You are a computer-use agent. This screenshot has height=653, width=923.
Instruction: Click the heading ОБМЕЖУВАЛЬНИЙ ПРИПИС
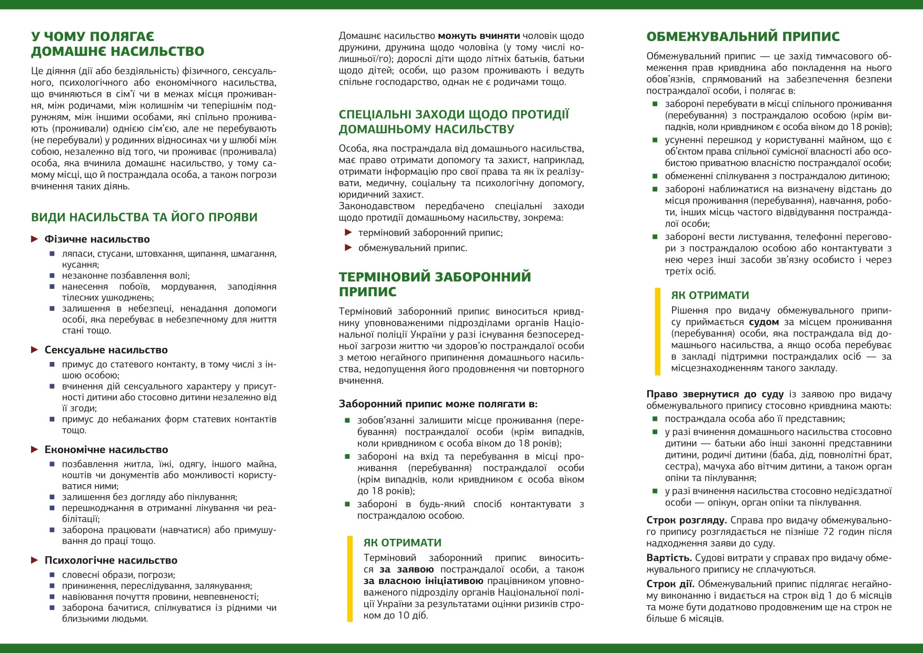743,37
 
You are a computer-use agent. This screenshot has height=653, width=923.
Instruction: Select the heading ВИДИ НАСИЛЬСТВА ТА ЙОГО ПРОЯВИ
144,217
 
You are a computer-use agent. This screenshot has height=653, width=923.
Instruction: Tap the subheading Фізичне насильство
97,239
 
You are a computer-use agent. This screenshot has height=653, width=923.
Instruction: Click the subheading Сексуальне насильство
106,350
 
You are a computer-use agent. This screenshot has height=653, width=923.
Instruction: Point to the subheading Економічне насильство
106,450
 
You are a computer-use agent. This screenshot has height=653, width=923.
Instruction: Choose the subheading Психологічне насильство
111,560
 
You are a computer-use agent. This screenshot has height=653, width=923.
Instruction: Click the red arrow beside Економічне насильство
35,449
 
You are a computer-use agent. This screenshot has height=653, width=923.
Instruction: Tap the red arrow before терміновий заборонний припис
348,233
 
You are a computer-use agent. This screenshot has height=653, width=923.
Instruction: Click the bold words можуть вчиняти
479,36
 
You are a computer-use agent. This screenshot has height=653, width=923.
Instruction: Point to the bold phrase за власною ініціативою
423,581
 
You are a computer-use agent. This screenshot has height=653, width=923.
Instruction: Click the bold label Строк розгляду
686,520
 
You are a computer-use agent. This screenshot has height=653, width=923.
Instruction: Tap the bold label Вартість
668,558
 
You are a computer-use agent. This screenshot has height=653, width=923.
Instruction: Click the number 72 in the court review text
829,532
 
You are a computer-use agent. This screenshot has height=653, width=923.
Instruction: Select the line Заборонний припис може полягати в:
438,404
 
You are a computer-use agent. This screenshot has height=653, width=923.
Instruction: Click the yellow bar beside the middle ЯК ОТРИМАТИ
350,579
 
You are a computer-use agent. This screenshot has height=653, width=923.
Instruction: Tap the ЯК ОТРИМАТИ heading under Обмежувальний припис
710,296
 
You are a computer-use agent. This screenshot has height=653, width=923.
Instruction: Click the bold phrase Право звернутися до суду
715,395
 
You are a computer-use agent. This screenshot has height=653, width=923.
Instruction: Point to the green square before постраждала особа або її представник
655,419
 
